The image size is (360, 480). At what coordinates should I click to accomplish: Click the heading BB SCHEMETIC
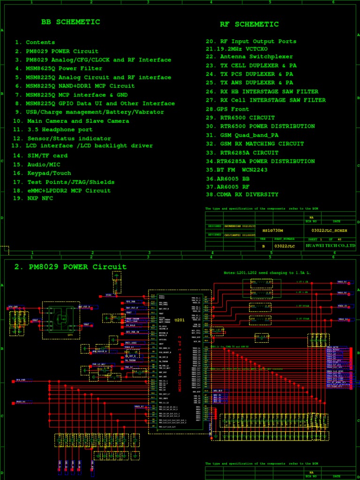coord(70,22)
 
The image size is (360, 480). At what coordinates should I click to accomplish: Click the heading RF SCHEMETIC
coord(249,24)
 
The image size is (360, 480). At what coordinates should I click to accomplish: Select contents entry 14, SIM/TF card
coord(40,156)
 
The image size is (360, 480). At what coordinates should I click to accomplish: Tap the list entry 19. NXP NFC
coord(33,198)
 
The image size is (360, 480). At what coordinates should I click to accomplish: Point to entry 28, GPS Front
coord(227,109)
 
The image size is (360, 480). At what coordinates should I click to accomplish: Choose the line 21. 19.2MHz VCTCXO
coord(237,49)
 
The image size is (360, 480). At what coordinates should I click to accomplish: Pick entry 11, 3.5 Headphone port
coord(53,129)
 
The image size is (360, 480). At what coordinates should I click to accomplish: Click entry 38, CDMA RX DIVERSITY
coord(242,195)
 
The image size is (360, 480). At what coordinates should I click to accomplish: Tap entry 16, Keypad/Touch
coord(42,173)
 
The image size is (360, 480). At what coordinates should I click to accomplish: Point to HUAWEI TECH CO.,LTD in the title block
coord(330,246)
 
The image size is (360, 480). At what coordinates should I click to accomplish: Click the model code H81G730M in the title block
coord(272,231)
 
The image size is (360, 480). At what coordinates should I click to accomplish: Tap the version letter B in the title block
coord(263,246)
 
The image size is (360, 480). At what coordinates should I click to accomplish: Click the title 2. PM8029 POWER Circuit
coord(70,267)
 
